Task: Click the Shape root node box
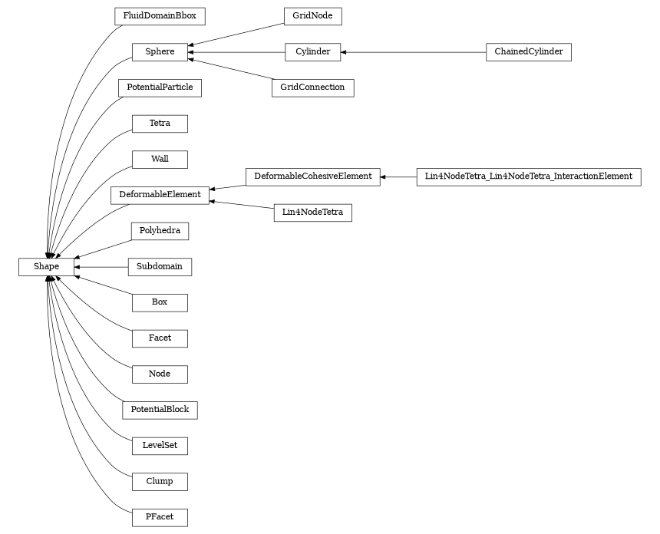[46, 266]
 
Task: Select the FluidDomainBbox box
[160, 16]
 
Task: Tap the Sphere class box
[160, 52]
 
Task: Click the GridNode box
[312, 16]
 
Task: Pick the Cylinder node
[312, 52]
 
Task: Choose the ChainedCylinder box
[528, 52]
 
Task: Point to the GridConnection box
[312, 87]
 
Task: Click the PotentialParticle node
[160, 87]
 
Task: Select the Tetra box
[160, 124]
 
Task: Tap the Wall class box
[160, 160]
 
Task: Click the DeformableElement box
[160, 195]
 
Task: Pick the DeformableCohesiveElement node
[312, 176]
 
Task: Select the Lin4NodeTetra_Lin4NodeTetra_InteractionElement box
[528, 176]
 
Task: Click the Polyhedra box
[160, 231]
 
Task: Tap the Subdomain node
[160, 266]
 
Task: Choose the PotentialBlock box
[160, 410]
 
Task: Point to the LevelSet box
[160, 446]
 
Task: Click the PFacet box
[160, 517]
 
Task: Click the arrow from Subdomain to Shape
[101, 266]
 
